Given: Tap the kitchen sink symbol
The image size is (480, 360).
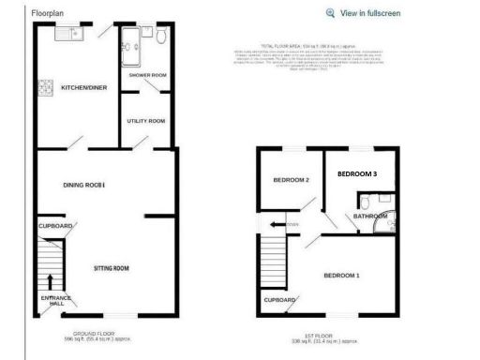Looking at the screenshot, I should pos(69,35).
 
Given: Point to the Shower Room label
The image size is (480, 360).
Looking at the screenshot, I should pos(148,75).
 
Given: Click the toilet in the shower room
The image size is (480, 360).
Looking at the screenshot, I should pos(160,36).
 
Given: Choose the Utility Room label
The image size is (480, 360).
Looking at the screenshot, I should pos(146,121).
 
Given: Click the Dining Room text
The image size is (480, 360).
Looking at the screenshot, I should pos(83,186).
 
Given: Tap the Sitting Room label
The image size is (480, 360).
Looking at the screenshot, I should pos(111,269).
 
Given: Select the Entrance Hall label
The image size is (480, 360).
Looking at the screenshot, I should pos(54,301).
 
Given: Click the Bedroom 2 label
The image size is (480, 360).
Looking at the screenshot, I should pos(292,180).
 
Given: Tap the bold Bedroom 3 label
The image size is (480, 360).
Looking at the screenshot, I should pos(357,174).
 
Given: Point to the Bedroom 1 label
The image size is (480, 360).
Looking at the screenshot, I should pos(341,276).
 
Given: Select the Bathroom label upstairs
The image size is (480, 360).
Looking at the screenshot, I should pos(369,217).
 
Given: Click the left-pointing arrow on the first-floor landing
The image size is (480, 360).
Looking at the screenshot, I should pos(274,225).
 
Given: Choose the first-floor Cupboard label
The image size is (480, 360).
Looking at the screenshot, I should pos(280,300).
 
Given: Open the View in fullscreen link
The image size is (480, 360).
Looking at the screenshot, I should pos(370,13).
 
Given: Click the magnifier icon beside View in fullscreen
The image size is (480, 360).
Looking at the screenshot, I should pos(330,13).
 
